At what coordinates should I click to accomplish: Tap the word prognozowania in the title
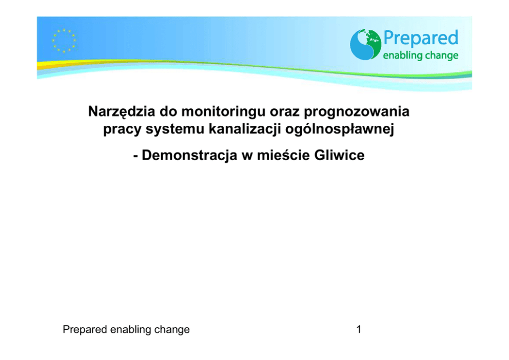[x=357, y=112]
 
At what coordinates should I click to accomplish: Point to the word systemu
[x=174, y=129]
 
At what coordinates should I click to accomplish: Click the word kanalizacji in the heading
[x=244, y=129]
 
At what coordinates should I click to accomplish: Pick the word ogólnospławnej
[x=340, y=129]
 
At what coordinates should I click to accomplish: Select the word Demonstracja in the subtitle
[x=189, y=155]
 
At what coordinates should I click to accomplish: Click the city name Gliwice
[x=339, y=155]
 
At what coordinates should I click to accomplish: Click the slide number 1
[x=359, y=330]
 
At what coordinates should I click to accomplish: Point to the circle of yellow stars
[x=64, y=41]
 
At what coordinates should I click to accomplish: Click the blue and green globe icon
[x=365, y=45]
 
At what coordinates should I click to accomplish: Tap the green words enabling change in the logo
[x=421, y=55]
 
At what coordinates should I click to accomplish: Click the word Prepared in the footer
[x=85, y=330]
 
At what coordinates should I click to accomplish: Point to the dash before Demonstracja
[x=135, y=156]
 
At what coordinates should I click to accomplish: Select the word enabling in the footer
[x=131, y=330]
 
